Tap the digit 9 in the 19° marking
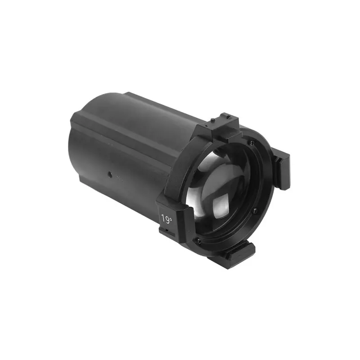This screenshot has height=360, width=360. [166, 219]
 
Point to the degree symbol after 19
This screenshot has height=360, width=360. [171, 217]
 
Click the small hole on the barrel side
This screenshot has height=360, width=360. [109, 175]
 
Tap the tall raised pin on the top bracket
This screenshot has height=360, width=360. [213, 120]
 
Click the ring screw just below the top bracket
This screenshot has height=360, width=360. [252, 142]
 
